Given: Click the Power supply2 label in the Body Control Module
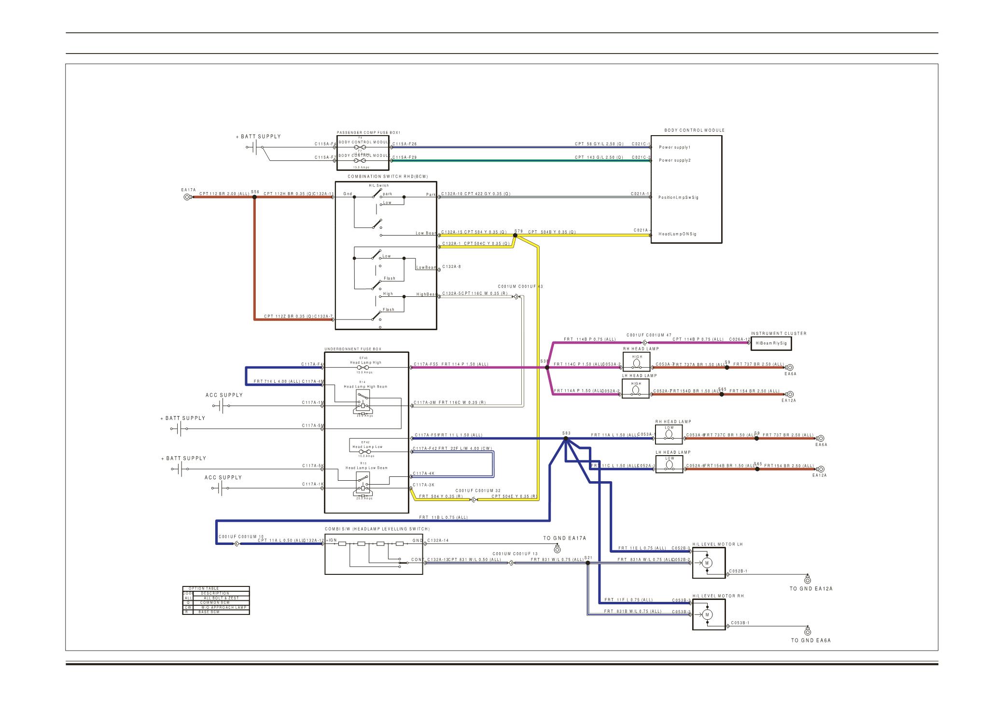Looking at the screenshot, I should coord(674,160).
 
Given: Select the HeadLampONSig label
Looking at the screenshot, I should coord(677,234).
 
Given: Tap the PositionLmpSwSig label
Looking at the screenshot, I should coord(678,197).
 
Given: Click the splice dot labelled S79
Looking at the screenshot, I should coord(515,236).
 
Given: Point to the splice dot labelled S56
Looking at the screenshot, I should coord(254,197).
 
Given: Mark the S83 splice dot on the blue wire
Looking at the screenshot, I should coord(566,439).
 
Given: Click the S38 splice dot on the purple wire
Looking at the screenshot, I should coord(547,368).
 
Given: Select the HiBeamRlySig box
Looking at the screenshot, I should coord(771,343).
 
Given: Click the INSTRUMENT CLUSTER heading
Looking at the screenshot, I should coord(778,334).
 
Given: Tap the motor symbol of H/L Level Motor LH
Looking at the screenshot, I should coord(707,563).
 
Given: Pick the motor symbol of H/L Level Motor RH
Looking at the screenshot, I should coord(707,614).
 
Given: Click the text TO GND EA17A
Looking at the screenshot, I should coord(564,538).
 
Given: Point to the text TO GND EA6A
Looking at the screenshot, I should coord(810,640).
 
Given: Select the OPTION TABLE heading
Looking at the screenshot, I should coord(204,588).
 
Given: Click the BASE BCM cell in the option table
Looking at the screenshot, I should coord(209,612).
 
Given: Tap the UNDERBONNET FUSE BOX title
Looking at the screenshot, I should coord(352,349).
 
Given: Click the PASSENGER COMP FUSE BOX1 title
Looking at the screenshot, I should coord(368,132).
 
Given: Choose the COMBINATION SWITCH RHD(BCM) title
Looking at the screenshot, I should coord(388,177).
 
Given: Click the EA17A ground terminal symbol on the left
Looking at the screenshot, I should coord(187,197).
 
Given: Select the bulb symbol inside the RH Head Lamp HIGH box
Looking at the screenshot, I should coord(637,362).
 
